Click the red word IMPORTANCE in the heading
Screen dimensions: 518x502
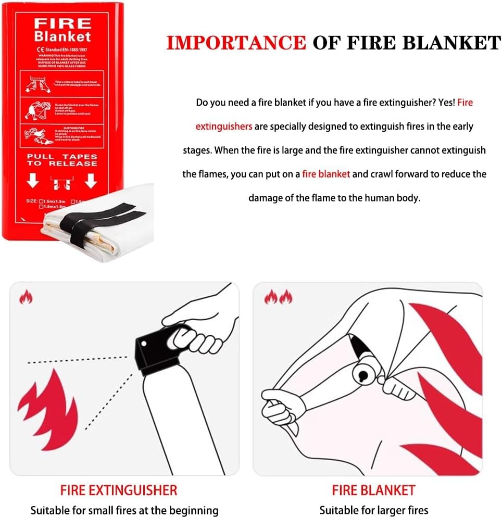pos(235,43)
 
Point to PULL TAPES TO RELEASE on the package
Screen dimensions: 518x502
pos(62,159)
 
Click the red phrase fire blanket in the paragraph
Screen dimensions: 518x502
pos(326,174)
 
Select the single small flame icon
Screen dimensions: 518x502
pos(26,297)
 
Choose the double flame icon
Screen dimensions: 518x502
pos(278,297)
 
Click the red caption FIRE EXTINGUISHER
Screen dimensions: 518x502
pos(119,490)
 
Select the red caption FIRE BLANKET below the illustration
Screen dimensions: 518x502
pos(373,490)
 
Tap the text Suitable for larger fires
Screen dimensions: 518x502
pos(373,510)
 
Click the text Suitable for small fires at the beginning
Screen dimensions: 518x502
pos(124,510)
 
